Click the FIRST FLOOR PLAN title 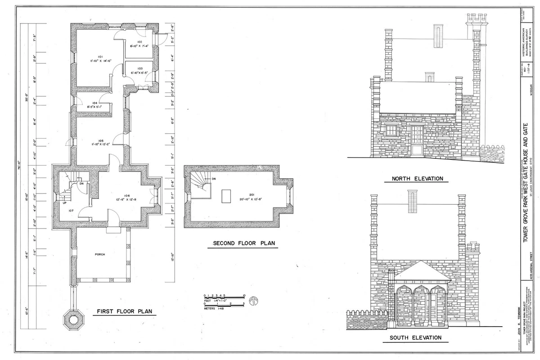pos(124,311)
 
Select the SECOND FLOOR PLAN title pos(244,243)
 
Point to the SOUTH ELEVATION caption pos(415,337)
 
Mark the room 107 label pos(71,210)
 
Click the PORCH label pos(99,255)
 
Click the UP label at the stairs pos(64,203)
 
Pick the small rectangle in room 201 pos(226,196)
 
